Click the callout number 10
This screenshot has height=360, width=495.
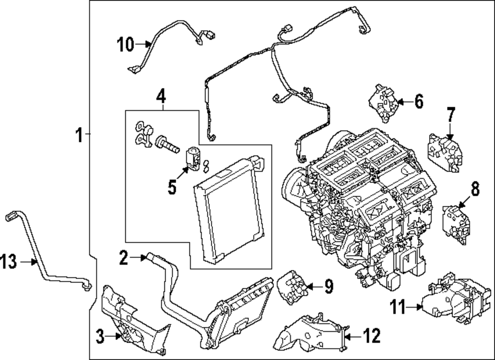pos(126,45)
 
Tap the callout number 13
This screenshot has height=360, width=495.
pos(8,262)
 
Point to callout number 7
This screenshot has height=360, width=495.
pos(451,114)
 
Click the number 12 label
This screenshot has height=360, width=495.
pos(372,336)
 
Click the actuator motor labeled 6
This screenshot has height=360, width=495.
pos(383,103)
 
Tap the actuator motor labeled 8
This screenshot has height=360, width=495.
pos(456,224)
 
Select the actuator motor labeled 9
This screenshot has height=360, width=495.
pos(292,286)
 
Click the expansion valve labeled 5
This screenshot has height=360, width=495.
pos(193,159)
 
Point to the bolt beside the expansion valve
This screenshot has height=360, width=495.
pos(167,145)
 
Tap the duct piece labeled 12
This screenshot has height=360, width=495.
pos(311,333)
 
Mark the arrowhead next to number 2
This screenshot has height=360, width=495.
pos(145,258)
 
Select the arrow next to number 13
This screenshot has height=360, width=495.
pos(29,262)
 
